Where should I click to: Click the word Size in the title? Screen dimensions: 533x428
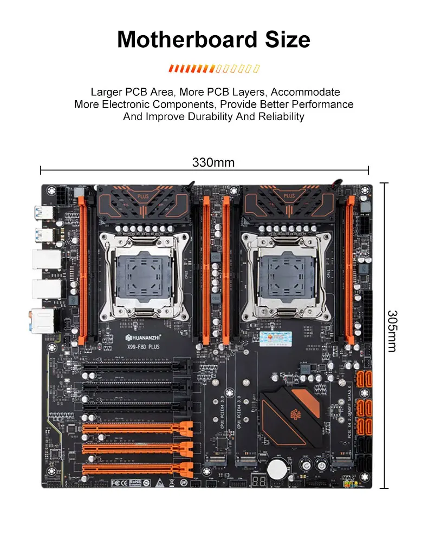click(x=286, y=40)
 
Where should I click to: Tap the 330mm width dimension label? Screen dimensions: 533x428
click(x=213, y=162)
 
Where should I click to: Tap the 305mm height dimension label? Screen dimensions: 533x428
click(x=392, y=331)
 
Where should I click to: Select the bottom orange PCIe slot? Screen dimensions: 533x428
click(x=138, y=469)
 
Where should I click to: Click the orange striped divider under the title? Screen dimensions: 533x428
click(x=214, y=69)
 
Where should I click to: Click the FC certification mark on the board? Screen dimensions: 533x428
click(x=116, y=481)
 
